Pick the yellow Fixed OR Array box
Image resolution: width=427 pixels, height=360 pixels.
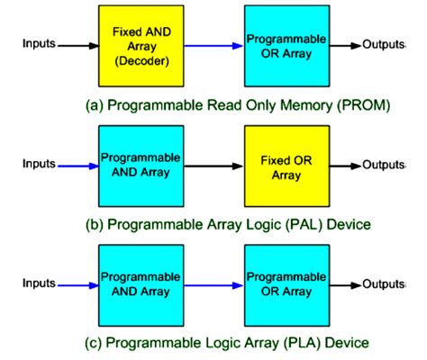(283, 165)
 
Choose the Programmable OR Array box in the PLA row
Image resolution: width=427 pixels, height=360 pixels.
(283, 286)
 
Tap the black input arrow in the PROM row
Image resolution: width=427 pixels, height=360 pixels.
(77, 43)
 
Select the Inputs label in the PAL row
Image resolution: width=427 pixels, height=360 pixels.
(37, 165)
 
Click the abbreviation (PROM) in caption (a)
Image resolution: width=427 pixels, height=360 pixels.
(364, 105)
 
